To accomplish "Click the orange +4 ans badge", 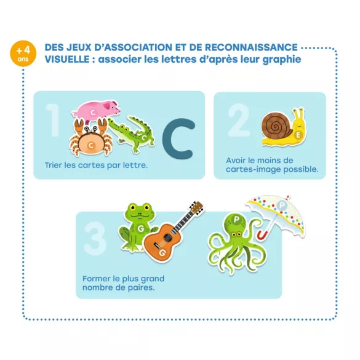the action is (x=23, y=54).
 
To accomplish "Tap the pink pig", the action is (x=96, y=110).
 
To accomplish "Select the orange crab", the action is (x=91, y=138).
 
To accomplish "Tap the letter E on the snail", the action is (x=298, y=135).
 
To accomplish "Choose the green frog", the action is (x=137, y=227).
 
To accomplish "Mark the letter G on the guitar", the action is (x=162, y=253).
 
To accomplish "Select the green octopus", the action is (x=236, y=242).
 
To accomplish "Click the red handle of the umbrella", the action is (x=262, y=235).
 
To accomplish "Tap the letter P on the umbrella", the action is (x=282, y=205).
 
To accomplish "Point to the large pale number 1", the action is (x=53, y=120).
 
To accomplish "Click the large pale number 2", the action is (x=239, y=119).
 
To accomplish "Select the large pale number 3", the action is (x=95, y=238).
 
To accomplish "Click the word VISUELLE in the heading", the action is (x=67, y=59).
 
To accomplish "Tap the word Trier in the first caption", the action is (x=54, y=165).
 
